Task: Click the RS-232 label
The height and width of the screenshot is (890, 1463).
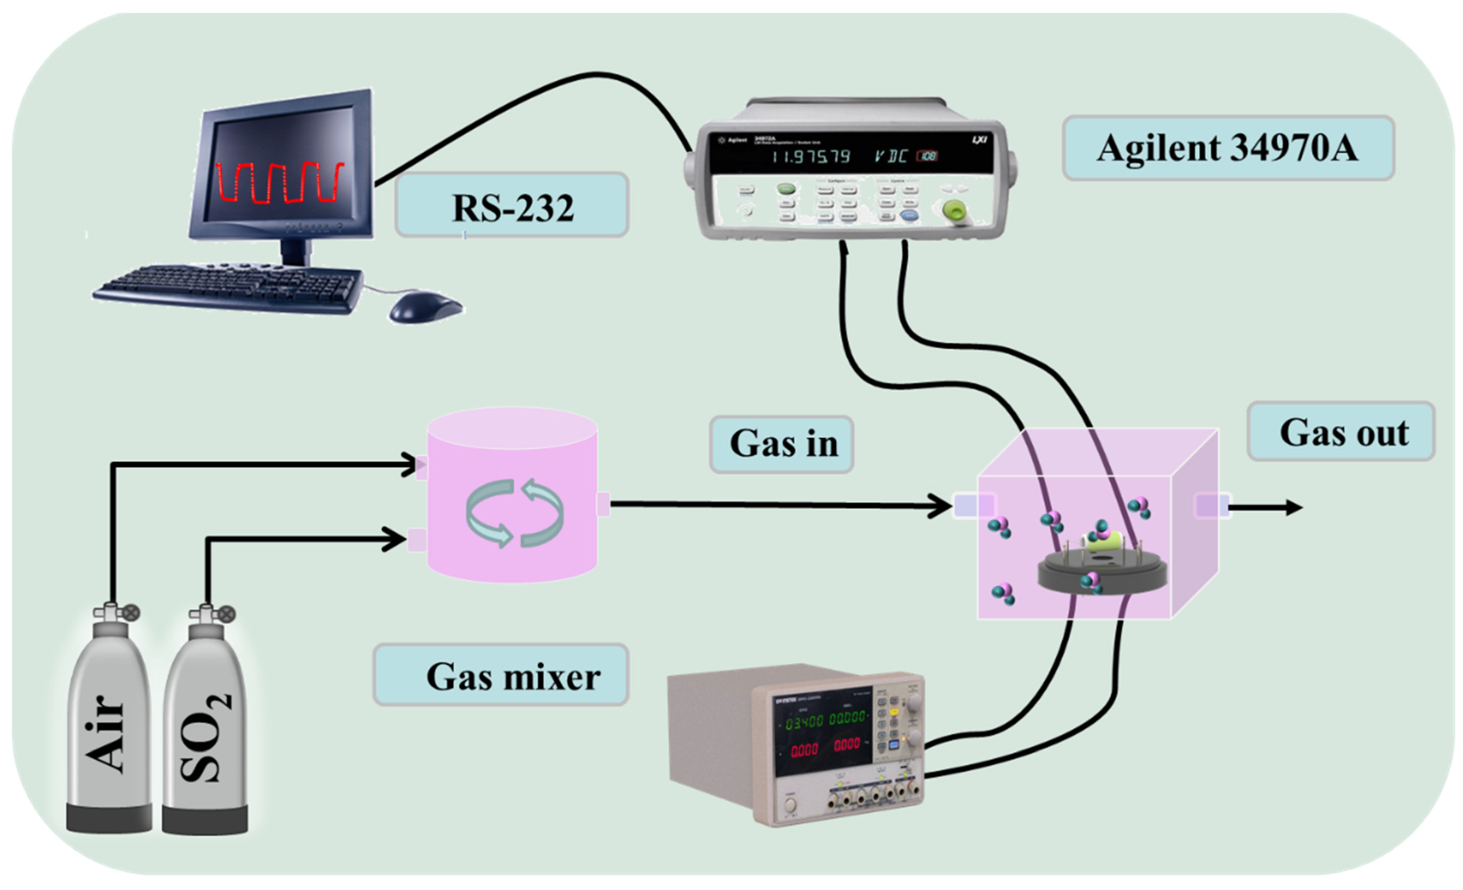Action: [x=512, y=206]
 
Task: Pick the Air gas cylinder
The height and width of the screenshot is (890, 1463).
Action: [x=109, y=730]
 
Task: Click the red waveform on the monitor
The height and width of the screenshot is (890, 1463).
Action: [x=279, y=182]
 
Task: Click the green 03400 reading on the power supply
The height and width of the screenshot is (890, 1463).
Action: [x=804, y=722]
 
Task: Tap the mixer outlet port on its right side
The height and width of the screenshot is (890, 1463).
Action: [x=603, y=504]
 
